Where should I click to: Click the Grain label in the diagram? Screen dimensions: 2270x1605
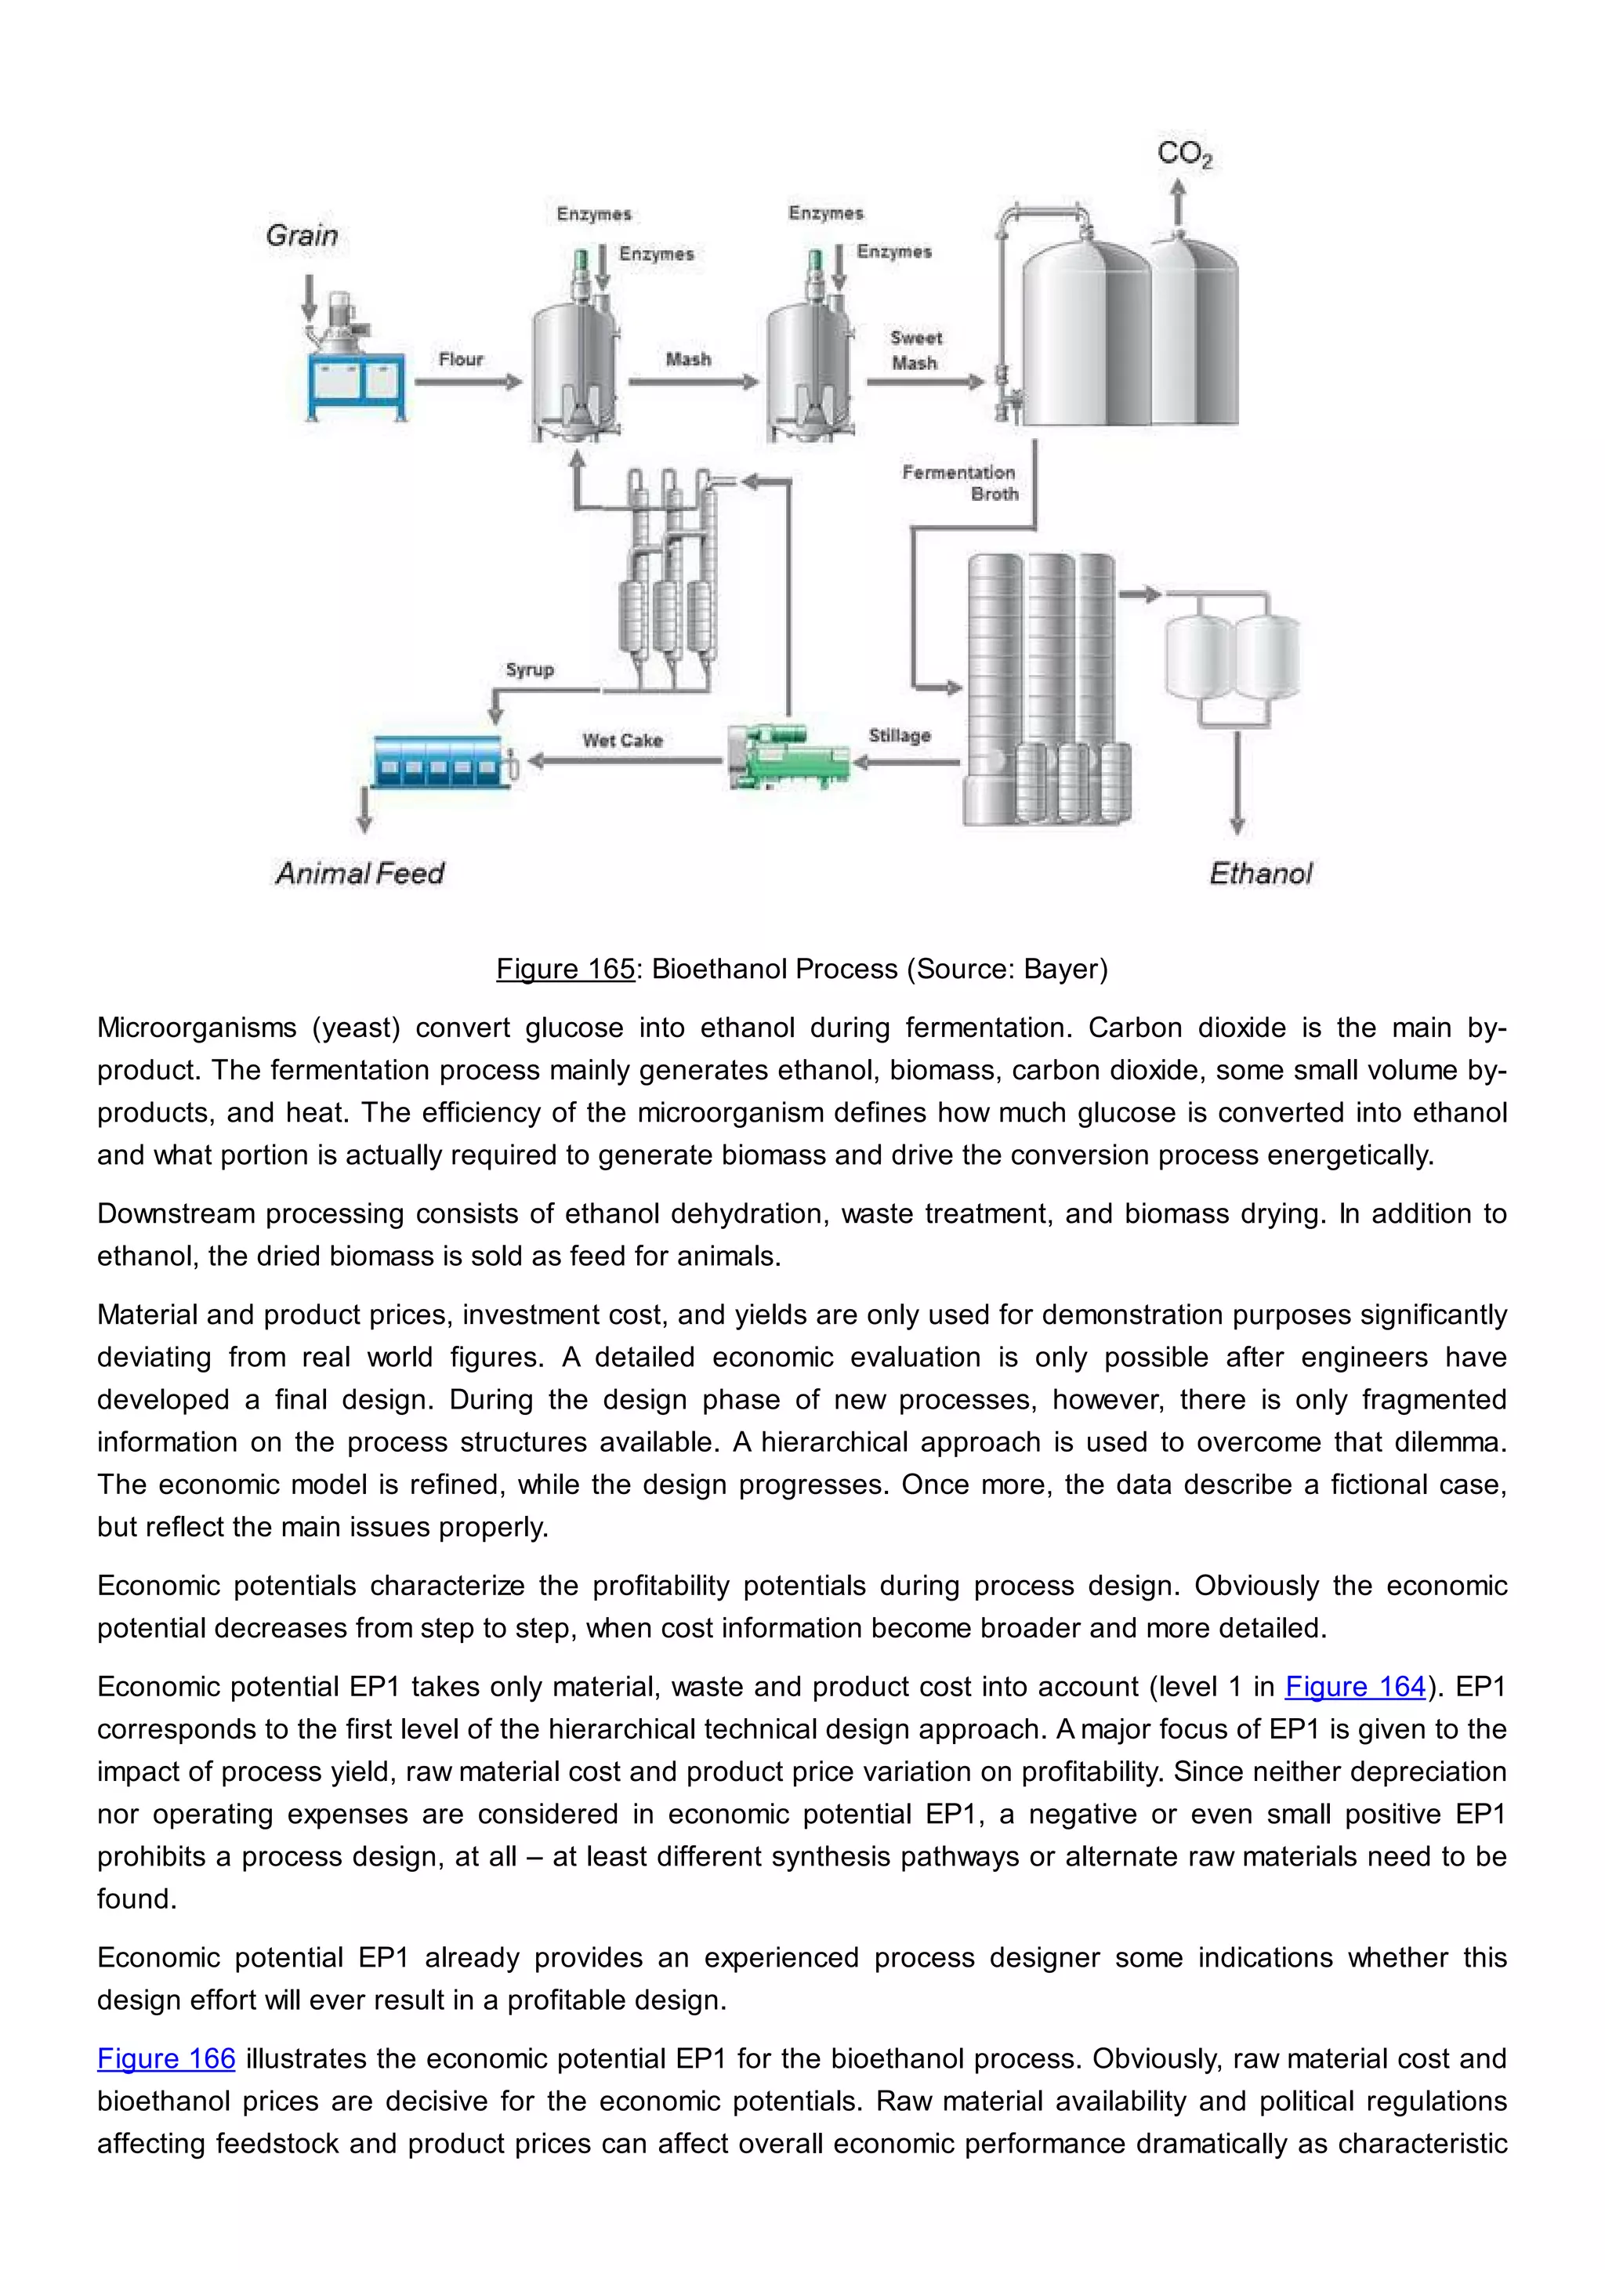pos(302,235)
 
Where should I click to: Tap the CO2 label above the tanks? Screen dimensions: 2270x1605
pos(1184,154)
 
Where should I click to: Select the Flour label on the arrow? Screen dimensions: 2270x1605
pos(461,359)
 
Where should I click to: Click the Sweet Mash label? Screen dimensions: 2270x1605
pos(915,350)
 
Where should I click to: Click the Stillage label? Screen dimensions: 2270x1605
pos(900,735)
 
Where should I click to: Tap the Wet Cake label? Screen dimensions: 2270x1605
pos(621,741)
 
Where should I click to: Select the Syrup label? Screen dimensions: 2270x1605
pos(530,669)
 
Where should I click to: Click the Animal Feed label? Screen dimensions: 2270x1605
pos(360,873)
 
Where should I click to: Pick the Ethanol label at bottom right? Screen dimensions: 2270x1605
pos(1260,873)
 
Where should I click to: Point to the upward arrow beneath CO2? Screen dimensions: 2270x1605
pos(1177,203)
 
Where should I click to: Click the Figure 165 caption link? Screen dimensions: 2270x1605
pos(565,969)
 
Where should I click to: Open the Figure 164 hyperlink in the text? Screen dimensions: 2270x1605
pos(1355,1687)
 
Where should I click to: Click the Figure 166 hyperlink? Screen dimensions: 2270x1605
pos(166,2058)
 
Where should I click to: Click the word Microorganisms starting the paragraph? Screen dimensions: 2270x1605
pos(196,1028)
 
